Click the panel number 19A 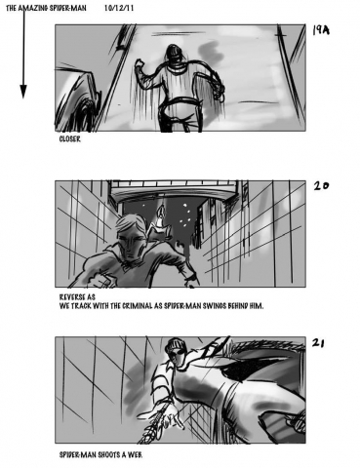coord(321,30)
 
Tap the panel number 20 coord(321,186)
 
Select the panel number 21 coord(318,343)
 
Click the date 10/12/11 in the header coord(119,8)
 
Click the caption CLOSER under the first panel coord(70,139)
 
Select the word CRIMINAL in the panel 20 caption coord(138,306)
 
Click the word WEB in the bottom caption coord(136,454)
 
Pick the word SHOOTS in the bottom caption coord(109,454)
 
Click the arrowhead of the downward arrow coord(23,92)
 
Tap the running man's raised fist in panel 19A coord(140,63)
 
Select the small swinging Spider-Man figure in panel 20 coord(160,222)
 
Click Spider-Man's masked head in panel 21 coord(178,352)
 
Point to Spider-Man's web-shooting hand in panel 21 coord(166,416)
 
